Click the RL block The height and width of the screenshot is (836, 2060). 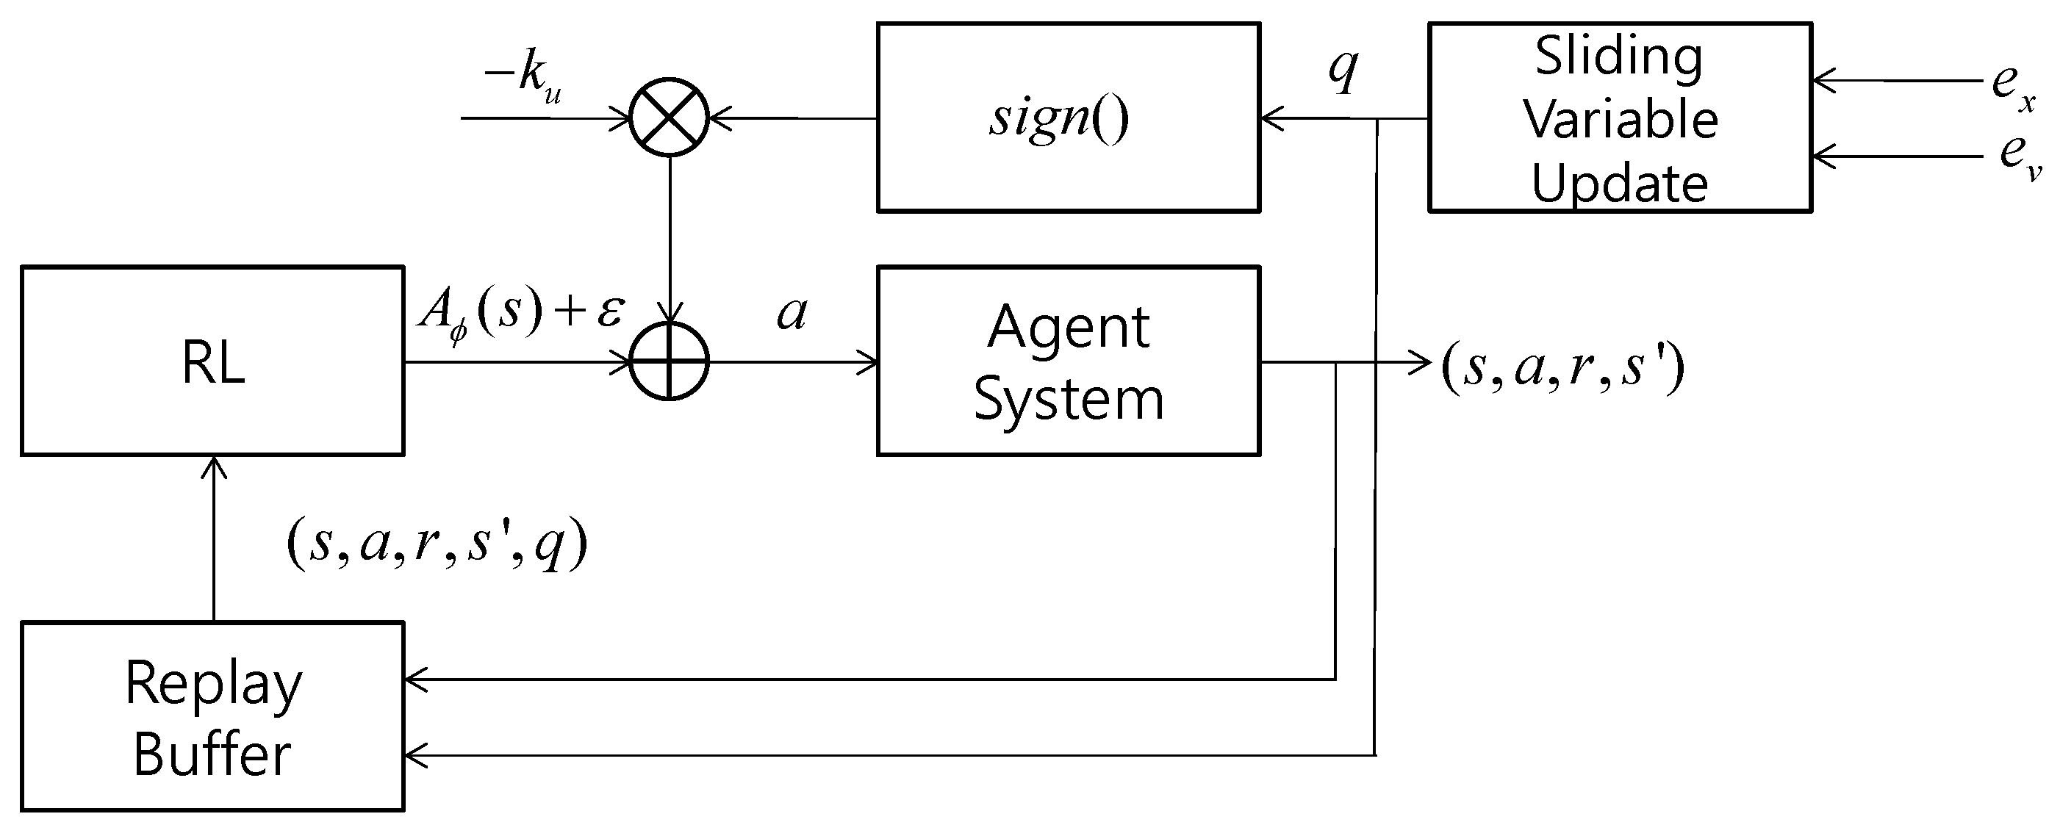212,361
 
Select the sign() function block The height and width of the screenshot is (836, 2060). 1069,118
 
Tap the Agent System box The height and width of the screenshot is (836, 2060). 1069,361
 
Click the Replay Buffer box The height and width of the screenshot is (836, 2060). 212,717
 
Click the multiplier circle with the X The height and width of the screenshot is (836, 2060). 670,118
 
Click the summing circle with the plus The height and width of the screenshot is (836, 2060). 670,362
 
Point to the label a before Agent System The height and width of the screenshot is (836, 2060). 792,313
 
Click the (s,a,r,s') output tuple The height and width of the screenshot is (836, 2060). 1562,367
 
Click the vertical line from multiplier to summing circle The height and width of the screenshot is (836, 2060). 670,232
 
